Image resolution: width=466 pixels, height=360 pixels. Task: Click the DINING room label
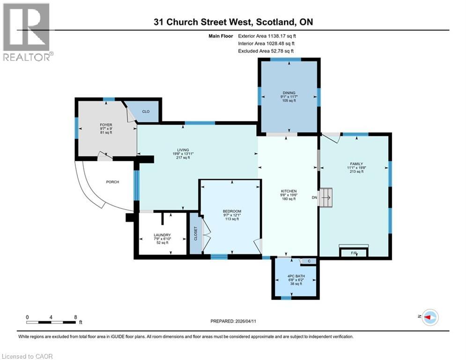click(x=289, y=93)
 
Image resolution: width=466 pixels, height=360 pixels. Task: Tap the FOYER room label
click(x=106, y=125)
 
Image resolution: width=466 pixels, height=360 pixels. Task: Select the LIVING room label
click(x=183, y=150)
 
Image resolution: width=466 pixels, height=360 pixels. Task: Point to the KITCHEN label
click(x=289, y=191)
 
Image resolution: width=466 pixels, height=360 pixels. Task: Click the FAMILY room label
click(x=356, y=164)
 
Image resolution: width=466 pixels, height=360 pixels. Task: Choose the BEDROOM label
click(x=232, y=211)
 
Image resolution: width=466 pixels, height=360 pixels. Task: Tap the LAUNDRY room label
click(x=162, y=235)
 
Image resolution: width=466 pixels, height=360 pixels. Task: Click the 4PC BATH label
click(x=296, y=276)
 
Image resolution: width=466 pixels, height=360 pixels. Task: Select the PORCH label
click(x=112, y=182)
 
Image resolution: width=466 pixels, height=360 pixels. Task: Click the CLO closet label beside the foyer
click(x=146, y=112)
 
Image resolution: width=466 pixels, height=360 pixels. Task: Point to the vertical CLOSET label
click(x=196, y=233)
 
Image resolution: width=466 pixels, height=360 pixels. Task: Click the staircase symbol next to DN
click(x=325, y=197)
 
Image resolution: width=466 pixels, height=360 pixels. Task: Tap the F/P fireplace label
click(x=354, y=253)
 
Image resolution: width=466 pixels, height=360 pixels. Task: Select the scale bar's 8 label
click(x=75, y=317)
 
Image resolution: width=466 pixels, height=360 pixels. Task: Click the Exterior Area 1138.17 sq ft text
click(x=267, y=36)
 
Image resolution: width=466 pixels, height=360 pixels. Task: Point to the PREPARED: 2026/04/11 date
click(x=233, y=321)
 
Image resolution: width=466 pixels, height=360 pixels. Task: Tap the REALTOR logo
click(x=27, y=32)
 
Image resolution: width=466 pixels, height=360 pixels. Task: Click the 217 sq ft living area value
click(x=183, y=157)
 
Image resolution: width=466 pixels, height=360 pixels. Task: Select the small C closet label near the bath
click(x=309, y=261)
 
